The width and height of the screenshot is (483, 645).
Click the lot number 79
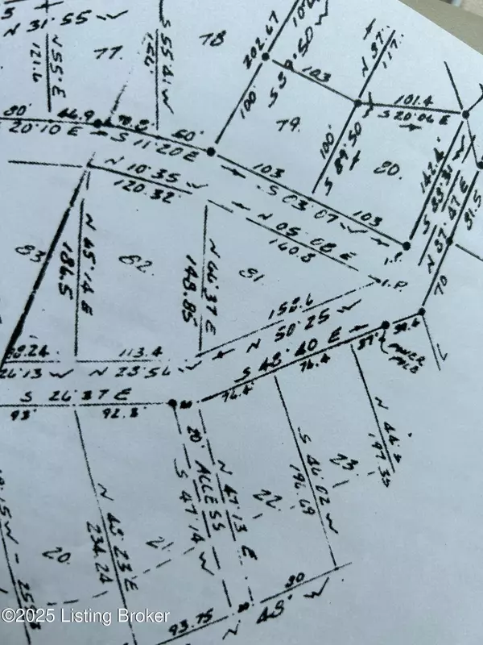[289, 125]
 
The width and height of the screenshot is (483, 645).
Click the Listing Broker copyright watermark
[86, 616]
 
